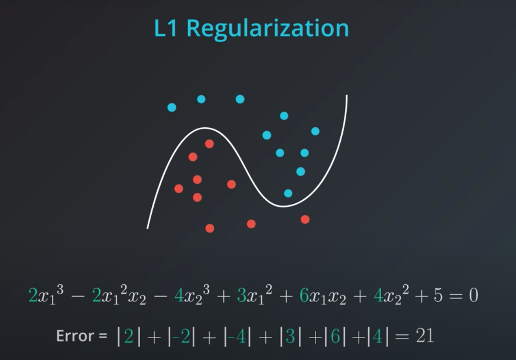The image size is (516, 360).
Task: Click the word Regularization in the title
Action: click(x=267, y=29)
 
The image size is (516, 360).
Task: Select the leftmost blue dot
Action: click(x=172, y=107)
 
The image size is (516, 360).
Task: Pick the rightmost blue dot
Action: click(x=315, y=131)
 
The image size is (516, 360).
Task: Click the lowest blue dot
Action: click(x=288, y=193)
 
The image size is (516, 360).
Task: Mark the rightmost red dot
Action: click(x=305, y=219)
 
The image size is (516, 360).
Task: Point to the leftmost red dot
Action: click(x=179, y=189)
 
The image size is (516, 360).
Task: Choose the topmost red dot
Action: click(x=209, y=144)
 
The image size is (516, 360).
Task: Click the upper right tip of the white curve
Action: click(x=347, y=96)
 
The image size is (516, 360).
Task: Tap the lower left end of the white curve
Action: click(x=148, y=227)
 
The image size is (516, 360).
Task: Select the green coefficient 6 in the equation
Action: click(x=304, y=296)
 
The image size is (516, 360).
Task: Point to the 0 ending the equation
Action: click(x=473, y=296)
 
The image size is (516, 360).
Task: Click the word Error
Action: click(x=75, y=336)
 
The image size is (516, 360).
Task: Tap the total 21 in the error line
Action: click(x=425, y=336)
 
